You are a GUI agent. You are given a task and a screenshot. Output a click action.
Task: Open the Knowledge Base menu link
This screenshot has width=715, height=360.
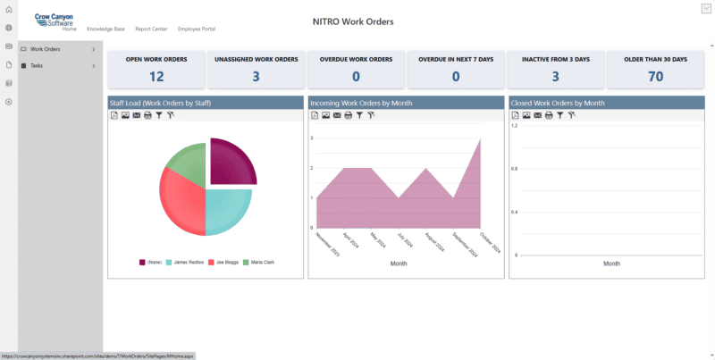105,29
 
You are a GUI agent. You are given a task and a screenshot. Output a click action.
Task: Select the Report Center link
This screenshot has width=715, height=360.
151,29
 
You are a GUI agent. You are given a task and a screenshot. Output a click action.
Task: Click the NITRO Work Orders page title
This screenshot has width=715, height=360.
353,21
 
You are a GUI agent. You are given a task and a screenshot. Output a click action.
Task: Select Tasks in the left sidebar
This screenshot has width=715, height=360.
37,65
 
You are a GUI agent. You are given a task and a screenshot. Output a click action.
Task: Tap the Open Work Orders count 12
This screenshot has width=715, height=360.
156,76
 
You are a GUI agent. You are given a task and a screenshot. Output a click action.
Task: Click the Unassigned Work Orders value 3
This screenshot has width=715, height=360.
257,76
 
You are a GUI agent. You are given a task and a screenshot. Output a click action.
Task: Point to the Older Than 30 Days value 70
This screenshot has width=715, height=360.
655,76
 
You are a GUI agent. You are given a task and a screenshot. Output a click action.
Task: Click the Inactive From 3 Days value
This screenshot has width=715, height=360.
555,76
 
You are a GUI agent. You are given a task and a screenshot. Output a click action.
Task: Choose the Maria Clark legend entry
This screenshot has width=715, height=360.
260,262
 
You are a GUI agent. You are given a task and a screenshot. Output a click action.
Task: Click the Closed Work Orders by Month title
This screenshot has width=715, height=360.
558,103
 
